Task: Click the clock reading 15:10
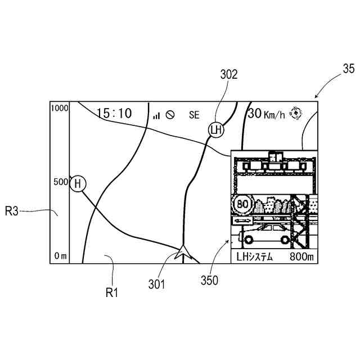114,114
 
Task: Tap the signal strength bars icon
156,115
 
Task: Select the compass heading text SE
193,115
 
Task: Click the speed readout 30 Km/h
265,114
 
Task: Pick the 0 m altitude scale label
61,256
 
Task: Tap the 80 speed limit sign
243,204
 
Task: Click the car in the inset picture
263,233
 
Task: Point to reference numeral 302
228,74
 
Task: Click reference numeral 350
209,280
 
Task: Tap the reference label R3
12,211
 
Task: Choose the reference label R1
113,292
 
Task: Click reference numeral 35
348,69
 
